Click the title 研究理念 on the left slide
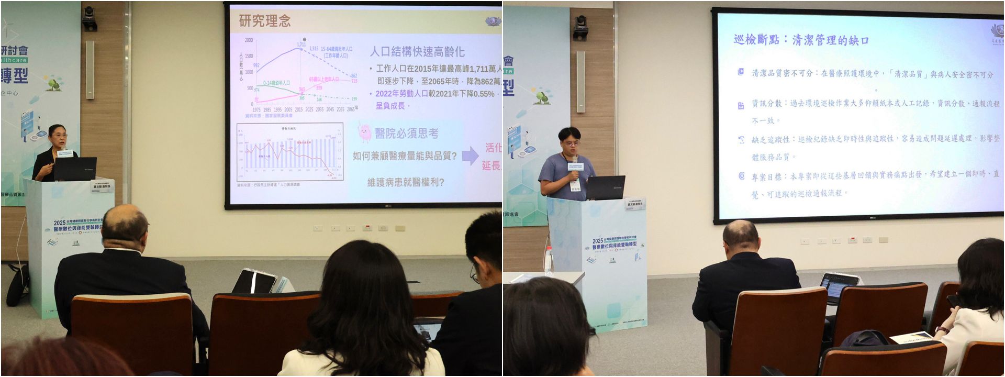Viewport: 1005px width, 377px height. [x=264, y=21]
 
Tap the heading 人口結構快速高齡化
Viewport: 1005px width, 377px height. [x=417, y=51]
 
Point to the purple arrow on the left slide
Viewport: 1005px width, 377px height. [x=470, y=156]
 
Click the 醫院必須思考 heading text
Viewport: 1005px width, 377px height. [x=407, y=134]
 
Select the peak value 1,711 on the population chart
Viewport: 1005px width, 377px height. [x=301, y=45]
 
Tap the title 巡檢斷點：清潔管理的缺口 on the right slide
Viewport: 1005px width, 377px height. [x=801, y=40]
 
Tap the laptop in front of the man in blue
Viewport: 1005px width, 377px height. [x=606, y=187]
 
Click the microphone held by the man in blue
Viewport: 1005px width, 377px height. [x=574, y=160]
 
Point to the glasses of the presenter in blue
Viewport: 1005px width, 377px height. [x=572, y=142]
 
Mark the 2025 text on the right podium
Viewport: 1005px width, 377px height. [x=597, y=241]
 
